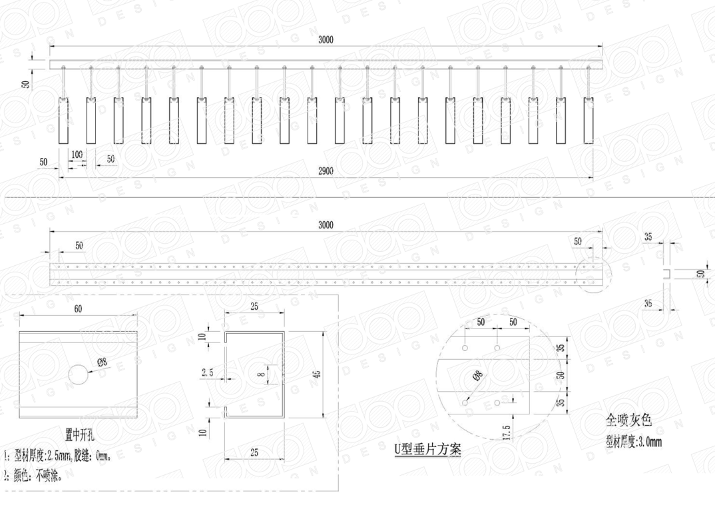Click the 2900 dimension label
(x=326, y=171)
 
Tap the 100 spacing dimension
(x=77, y=154)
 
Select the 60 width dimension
(x=78, y=309)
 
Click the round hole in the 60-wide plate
(x=79, y=374)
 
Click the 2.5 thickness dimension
(x=208, y=374)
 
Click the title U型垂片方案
(x=427, y=450)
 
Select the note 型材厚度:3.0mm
(x=633, y=441)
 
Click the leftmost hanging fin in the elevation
(x=63, y=120)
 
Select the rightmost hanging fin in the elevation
(x=589, y=120)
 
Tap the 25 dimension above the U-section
(x=254, y=307)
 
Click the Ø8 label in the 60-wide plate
(x=103, y=362)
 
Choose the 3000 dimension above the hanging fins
(x=326, y=40)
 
